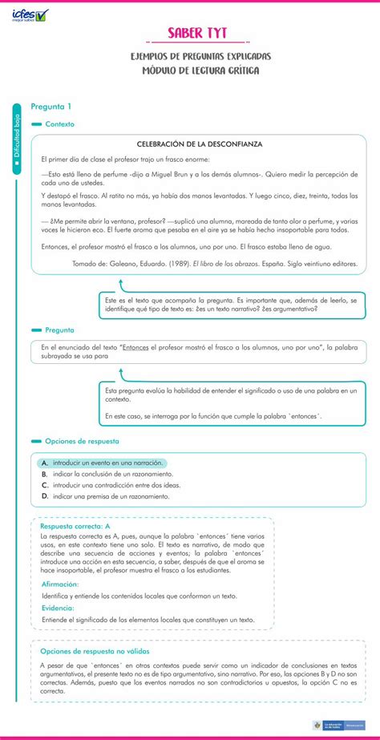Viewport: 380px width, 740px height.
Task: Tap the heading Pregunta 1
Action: pos(51,107)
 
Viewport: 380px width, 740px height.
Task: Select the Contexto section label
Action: pos(59,124)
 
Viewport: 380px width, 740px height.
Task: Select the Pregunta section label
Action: pos(59,330)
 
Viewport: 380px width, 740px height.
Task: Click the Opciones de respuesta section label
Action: pos(82,441)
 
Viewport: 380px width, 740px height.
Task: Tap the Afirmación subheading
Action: pos(60,584)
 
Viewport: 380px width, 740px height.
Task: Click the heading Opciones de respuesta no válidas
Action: pos(107,651)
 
